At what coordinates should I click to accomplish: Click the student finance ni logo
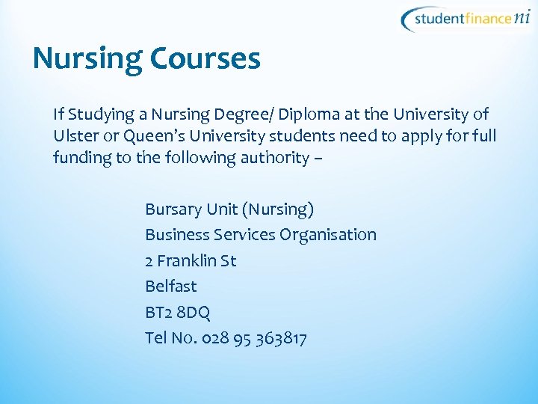468,19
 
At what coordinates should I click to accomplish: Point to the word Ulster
74,136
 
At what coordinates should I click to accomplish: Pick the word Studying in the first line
106,114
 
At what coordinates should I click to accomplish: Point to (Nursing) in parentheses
280,209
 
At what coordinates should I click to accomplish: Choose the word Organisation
328,235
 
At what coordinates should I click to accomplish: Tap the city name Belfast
171,287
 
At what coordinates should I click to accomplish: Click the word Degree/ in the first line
247,114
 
